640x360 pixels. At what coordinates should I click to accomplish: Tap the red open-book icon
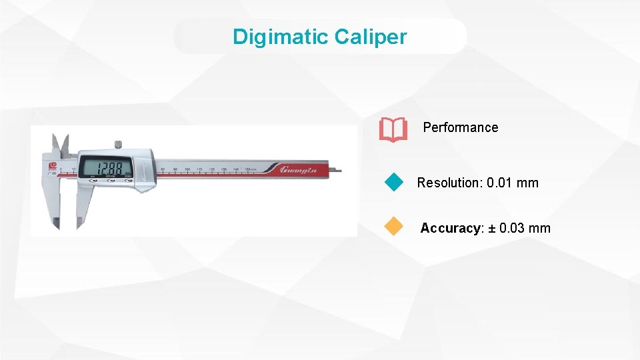click(x=393, y=129)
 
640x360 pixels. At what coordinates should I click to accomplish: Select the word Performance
click(x=460, y=127)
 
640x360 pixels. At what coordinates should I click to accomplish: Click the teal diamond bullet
click(x=395, y=182)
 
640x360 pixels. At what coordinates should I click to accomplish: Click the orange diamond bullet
click(x=395, y=227)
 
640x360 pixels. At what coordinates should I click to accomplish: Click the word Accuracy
click(x=450, y=228)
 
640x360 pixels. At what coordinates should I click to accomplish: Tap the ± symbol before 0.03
click(x=493, y=228)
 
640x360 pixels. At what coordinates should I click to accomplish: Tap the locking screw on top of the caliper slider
click(x=118, y=143)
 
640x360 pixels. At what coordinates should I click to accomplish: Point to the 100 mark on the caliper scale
click(x=187, y=169)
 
